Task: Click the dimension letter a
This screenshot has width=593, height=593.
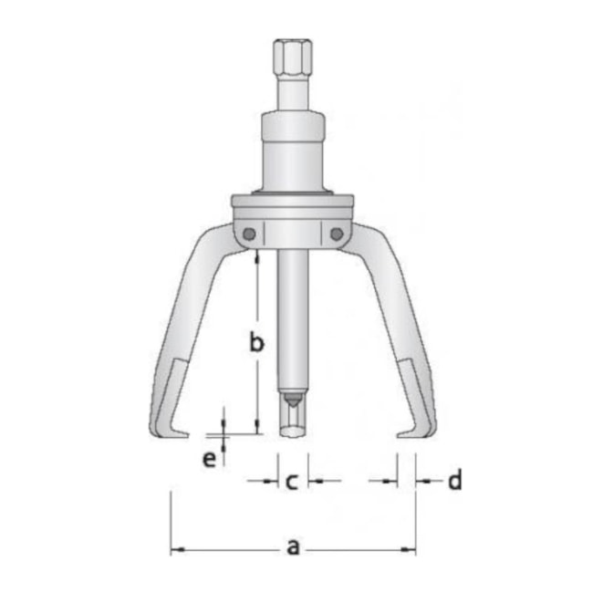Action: click(x=293, y=547)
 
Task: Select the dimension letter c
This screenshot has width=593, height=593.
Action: click(x=292, y=480)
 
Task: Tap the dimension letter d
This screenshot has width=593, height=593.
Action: click(x=454, y=480)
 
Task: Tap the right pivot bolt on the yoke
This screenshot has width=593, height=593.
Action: click(x=337, y=234)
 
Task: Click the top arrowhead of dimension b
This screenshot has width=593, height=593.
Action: click(x=258, y=255)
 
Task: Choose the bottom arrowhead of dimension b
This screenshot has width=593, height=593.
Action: click(x=258, y=428)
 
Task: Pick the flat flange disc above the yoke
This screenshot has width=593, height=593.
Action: click(x=292, y=203)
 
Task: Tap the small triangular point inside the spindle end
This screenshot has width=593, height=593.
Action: click(x=292, y=399)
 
